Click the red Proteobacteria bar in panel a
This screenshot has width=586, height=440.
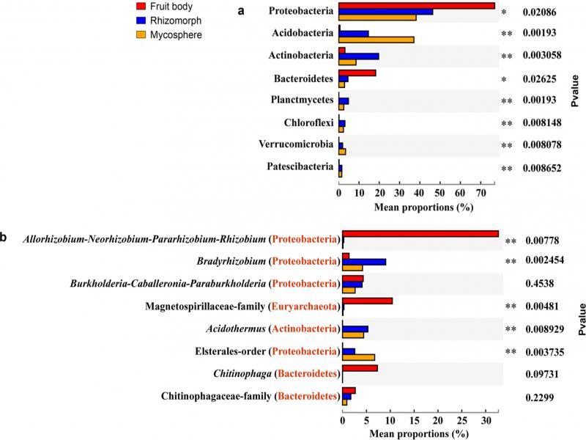coord(417,6)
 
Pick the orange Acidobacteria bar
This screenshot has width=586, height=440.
coord(377,40)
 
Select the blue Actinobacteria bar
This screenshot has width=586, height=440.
coord(359,56)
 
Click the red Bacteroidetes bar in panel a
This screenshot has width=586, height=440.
coord(357,73)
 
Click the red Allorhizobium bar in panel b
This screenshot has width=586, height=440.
coord(420,234)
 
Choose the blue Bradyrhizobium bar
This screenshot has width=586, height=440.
coord(364,262)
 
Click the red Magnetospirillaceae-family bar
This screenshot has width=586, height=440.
coord(368,301)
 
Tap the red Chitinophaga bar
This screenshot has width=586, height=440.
coord(360,367)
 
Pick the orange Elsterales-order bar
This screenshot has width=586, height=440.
coord(359,358)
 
